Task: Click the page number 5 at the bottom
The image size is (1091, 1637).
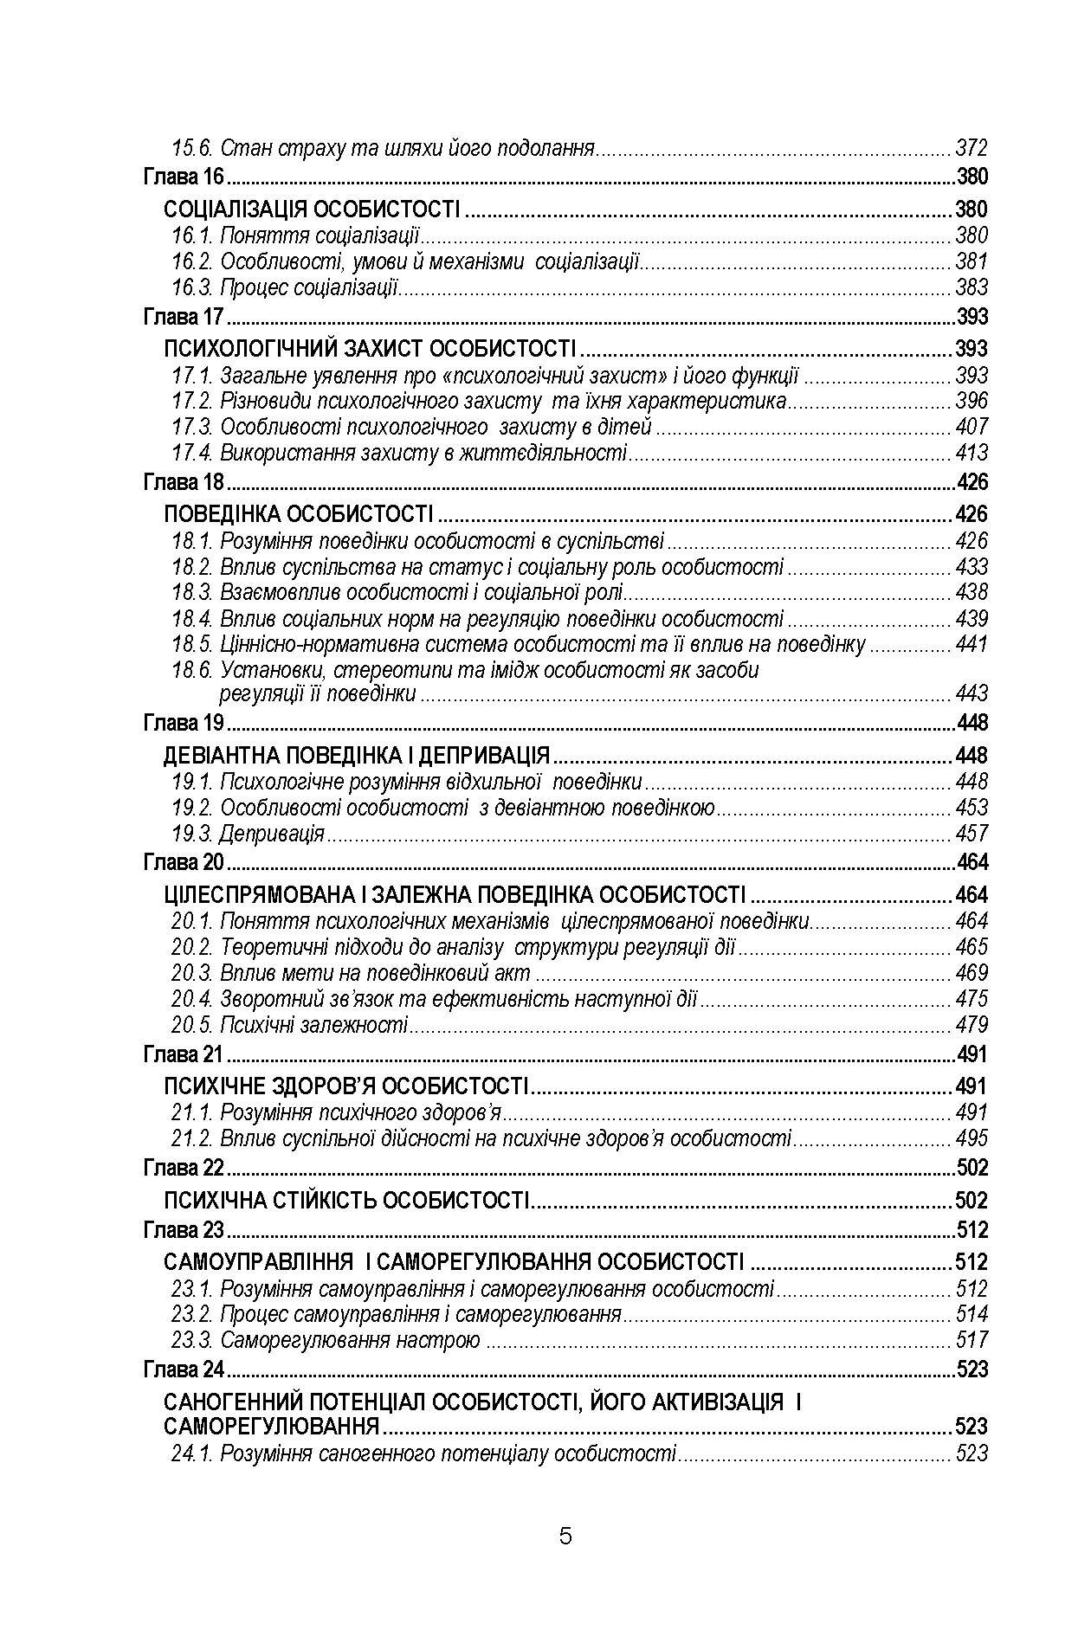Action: (x=565, y=1537)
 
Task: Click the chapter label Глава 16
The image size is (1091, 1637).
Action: (x=184, y=178)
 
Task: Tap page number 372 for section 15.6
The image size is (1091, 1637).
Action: (x=972, y=148)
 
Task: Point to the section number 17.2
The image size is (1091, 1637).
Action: (x=191, y=402)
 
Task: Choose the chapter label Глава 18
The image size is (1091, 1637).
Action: (x=184, y=483)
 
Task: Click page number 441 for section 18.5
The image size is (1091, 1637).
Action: (x=972, y=645)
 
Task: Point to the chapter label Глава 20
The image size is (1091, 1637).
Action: (x=184, y=863)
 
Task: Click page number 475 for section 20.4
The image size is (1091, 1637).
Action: (x=972, y=999)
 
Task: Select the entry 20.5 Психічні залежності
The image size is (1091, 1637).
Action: (x=289, y=1026)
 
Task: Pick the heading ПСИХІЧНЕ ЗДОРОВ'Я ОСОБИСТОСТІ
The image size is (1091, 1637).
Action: (x=345, y=1086)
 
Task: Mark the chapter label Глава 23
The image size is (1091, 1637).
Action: (x=184, y=1230)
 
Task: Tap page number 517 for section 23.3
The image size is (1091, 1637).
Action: (x=972, y=1341)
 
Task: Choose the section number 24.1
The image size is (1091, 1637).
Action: (x=191, y=1454)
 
